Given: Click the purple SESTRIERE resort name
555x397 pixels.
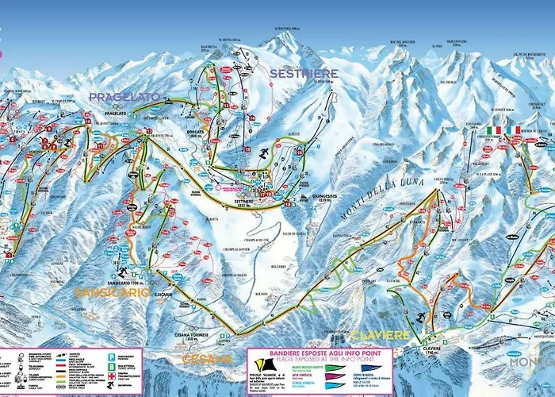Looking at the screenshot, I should pos(303,73).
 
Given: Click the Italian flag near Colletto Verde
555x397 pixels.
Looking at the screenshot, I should pos(496,129).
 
